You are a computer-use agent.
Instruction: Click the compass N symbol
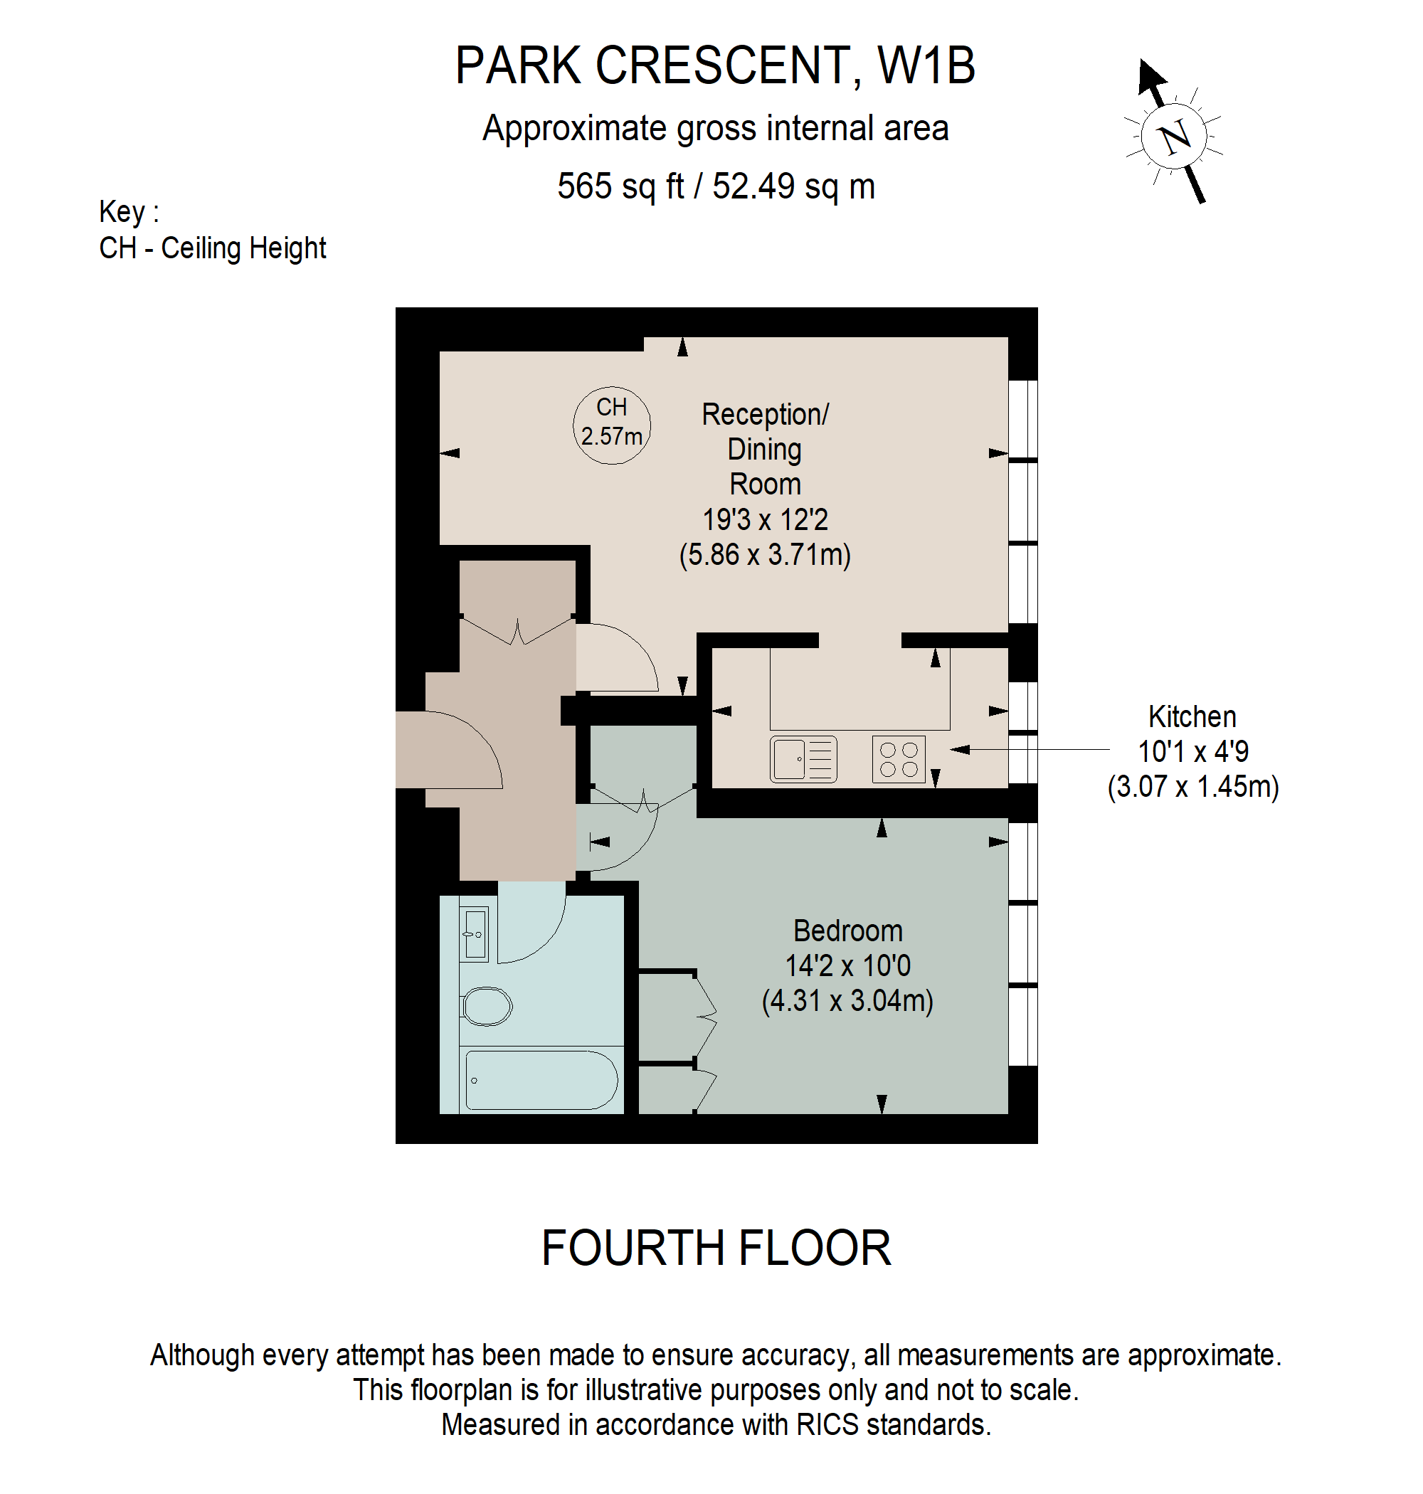(1174, 137)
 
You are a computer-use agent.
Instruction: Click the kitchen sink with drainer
(803, 758)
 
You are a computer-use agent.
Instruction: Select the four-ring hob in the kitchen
(899, 758)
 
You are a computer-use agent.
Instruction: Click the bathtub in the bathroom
(540, 1080)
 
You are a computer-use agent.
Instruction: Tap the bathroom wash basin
(475, 933)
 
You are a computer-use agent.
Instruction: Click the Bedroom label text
(847, 931)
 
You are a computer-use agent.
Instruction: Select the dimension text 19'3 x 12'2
(765, 519)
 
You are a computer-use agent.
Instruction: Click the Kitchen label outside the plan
(1192, 716)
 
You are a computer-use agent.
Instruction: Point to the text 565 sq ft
(620, 186)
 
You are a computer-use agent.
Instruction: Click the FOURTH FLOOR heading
(715, 1248)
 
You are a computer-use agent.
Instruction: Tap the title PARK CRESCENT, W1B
(714, 66)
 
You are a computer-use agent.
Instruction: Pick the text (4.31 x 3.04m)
(847, 1000)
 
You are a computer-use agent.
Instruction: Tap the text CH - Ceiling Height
(213, 248)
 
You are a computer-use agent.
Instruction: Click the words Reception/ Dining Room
(765, 449)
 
